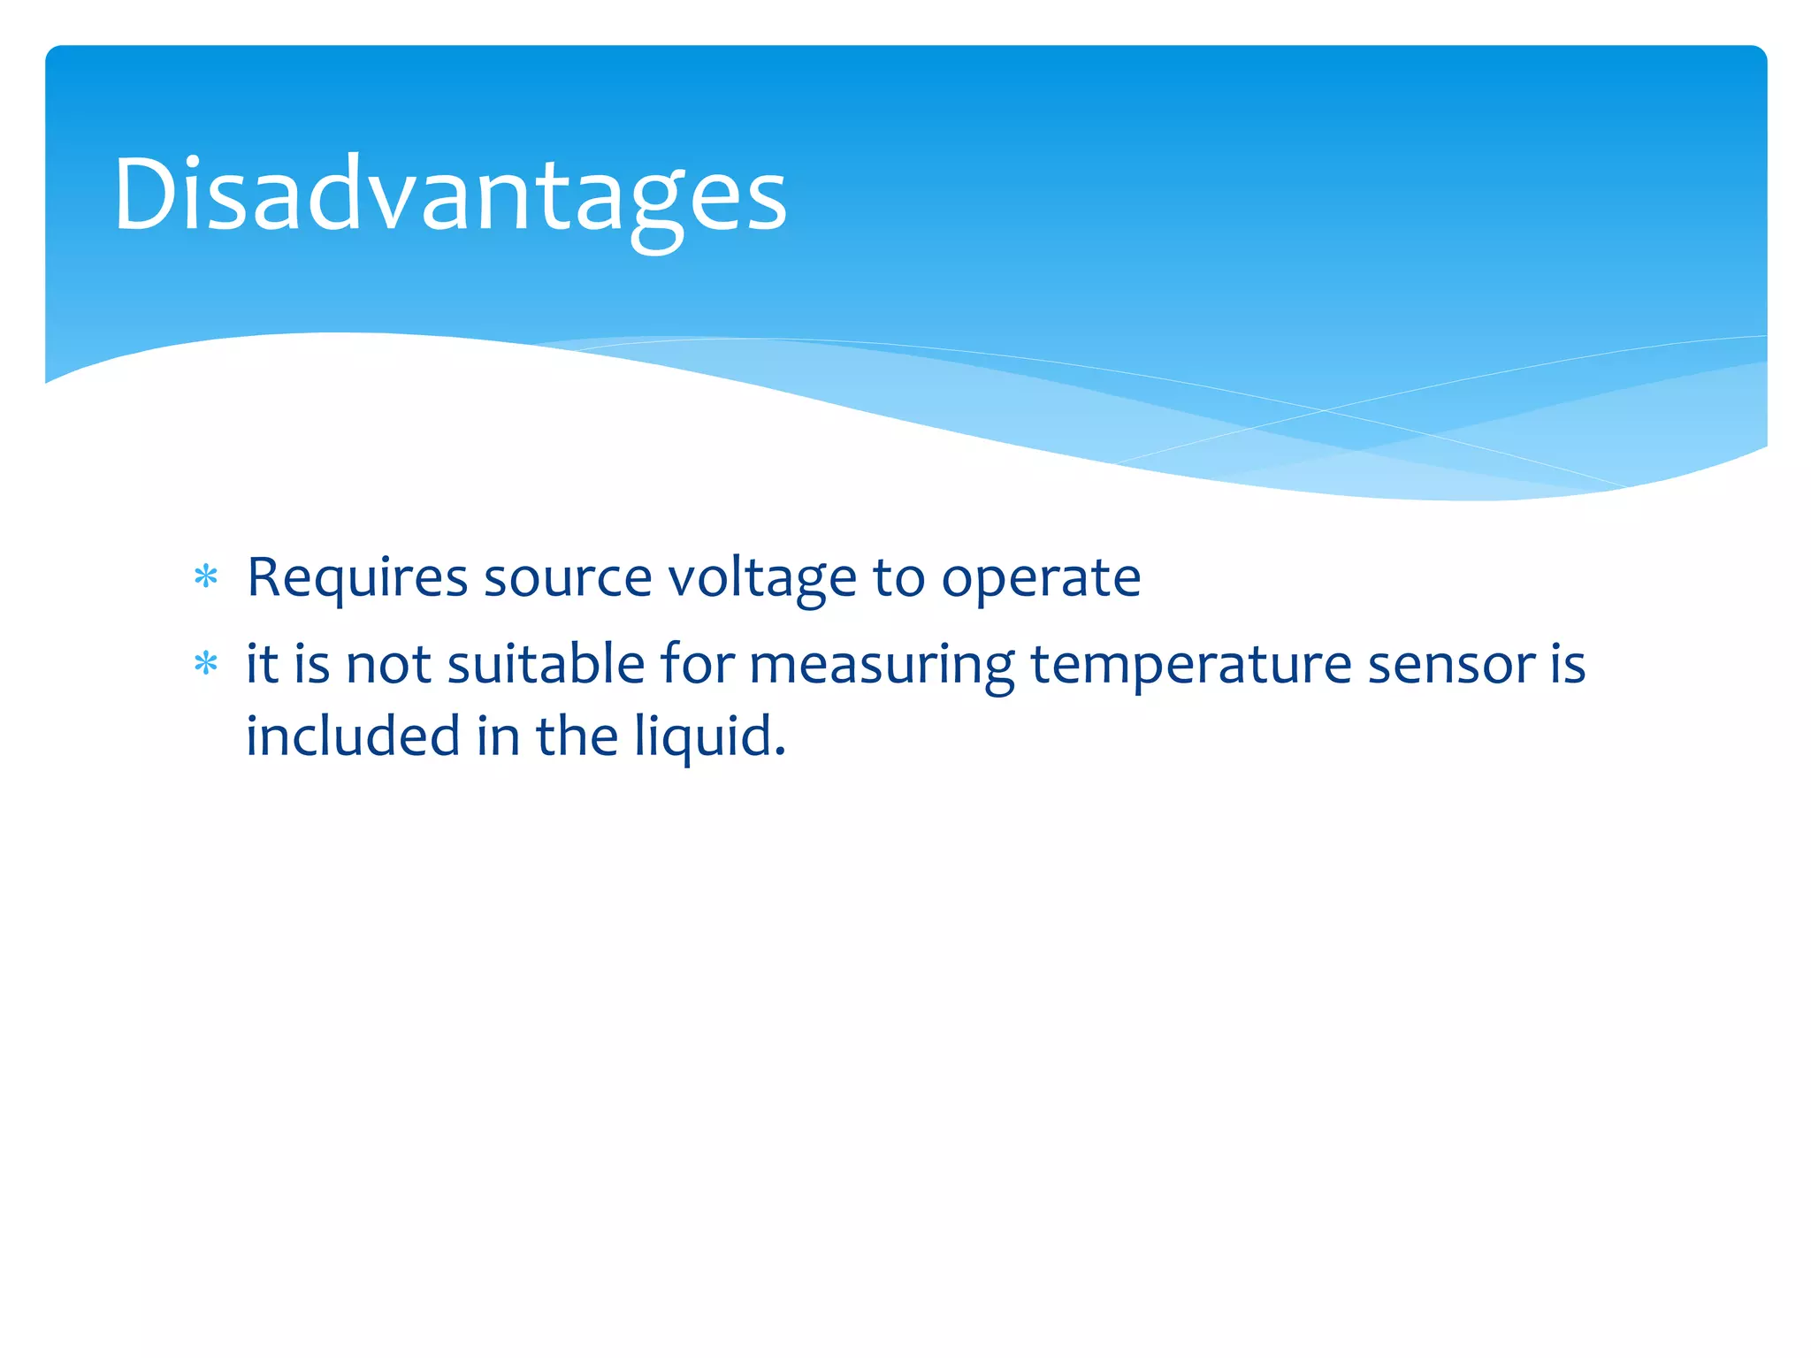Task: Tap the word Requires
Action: click(356, 579)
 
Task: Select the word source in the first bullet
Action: click(567, 579)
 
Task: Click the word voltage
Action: click(761, 579)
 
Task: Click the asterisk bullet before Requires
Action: click(206, 577)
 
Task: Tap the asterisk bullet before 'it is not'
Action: click(206, 664)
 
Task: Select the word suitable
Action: click(546, 664)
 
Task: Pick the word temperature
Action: click(1190, 666)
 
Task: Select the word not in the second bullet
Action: click(388, 664)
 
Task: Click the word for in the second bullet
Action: click(697, 664)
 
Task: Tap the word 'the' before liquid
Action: click(577, 736)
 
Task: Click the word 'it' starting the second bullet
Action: click(262, 664)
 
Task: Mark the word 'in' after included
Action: click(498, 736)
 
